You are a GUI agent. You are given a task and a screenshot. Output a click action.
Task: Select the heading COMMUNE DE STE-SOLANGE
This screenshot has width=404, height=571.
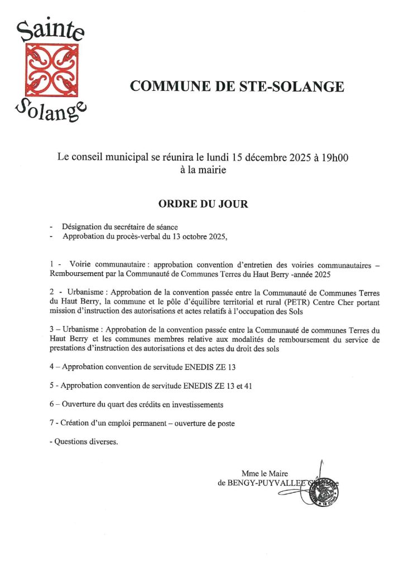(237, 86)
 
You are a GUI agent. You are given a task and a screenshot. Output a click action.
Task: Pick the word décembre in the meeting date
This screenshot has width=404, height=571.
(257, 158)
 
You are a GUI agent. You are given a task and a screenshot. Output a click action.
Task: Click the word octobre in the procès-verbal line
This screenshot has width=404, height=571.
(189, 236)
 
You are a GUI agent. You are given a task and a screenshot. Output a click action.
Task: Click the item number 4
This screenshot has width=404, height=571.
(51, 366)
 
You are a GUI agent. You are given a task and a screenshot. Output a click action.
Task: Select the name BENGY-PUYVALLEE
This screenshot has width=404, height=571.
(267, 483)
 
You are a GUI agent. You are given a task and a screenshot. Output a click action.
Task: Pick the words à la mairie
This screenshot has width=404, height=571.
(203, 171)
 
